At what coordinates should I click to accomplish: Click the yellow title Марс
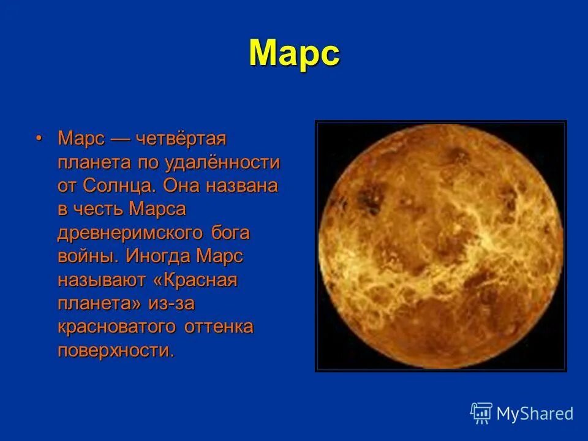click(x=294, y=54)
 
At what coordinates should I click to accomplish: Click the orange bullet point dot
click(x=39, y=138)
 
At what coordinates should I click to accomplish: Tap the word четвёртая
click(x=181, y=139)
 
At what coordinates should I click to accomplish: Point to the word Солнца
click(x=123, y=186)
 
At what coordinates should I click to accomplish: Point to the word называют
click(x=102, y=281)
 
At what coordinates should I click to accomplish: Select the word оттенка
click(x=219, y=327)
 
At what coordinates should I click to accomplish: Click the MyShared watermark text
click(x=535, y=414)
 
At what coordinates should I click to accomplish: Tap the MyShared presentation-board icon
click(x=481, y=413)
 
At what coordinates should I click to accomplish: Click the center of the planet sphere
click(x=441, y=245)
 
